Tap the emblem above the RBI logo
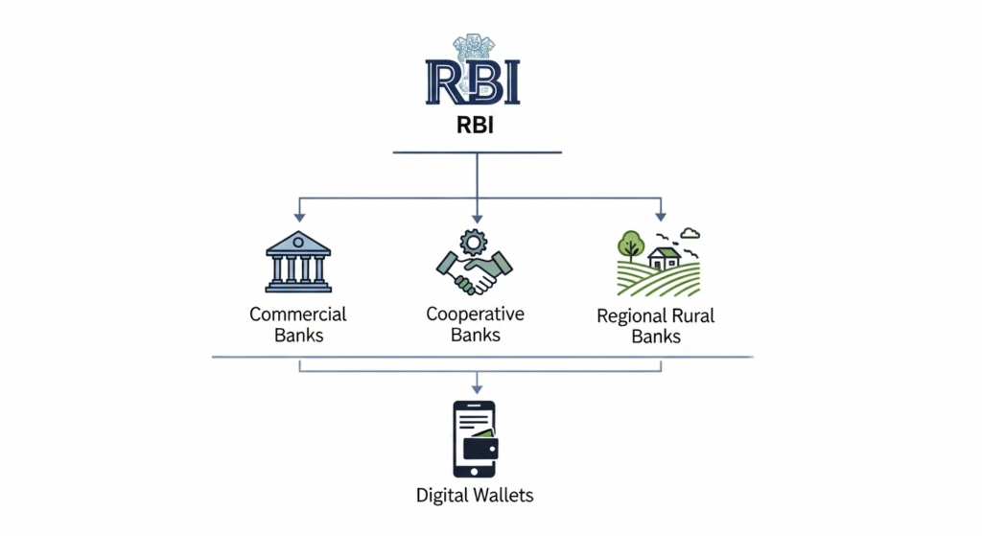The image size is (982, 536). (x=472, y=49)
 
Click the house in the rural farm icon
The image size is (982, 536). (x=664, y=256)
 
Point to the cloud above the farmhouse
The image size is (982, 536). (x=690, y=233)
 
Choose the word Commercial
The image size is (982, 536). (x=298, y=315)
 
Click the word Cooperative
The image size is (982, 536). (x=475, y=315)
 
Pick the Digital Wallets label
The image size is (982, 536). (x=475, y=496)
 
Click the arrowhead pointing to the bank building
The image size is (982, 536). (x=299, y=217)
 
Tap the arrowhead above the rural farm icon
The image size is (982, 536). (x=659, y=217)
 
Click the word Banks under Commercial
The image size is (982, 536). (x=298, y=336)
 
